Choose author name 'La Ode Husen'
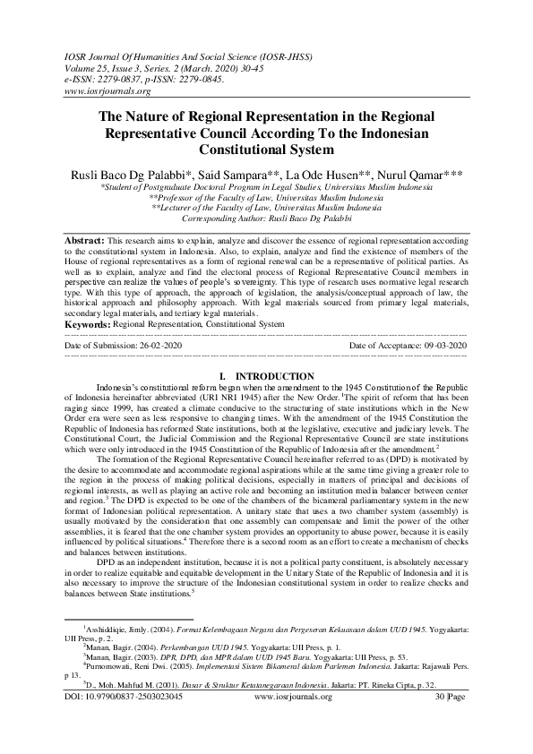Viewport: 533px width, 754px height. (x=321, y=172)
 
